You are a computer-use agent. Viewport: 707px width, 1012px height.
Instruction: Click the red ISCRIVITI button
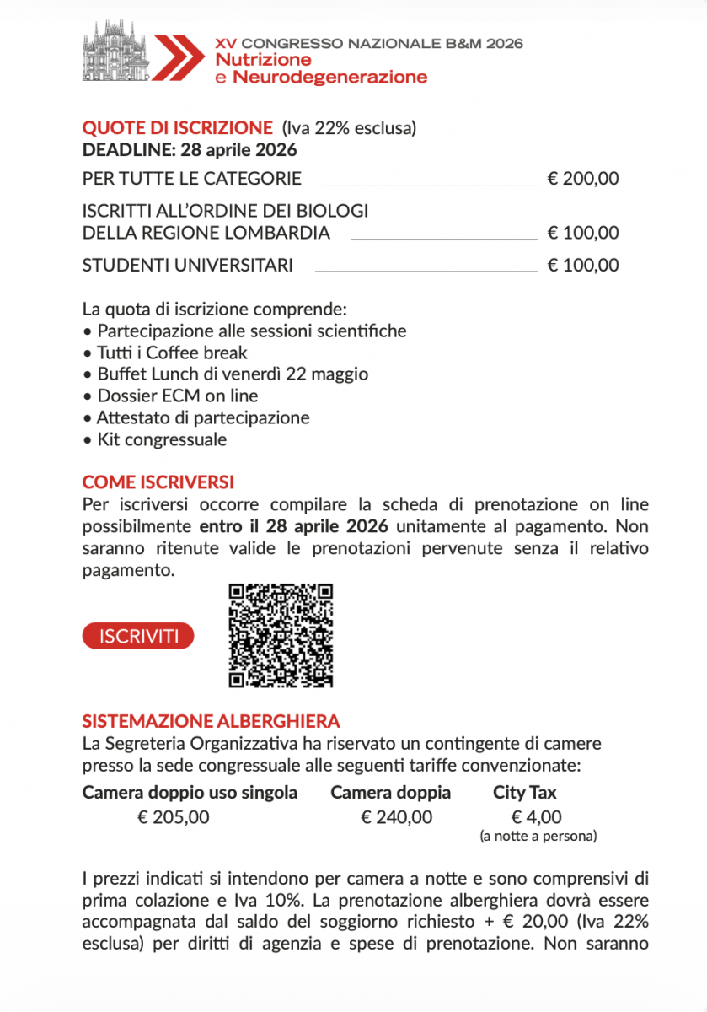point(138,636)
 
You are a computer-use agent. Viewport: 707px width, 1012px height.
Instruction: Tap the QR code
point(281,634)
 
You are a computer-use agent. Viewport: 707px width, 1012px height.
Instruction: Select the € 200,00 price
point(583,179)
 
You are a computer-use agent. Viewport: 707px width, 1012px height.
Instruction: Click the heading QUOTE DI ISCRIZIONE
point(178,128)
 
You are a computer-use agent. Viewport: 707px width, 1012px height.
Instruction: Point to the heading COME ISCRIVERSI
point(158,482)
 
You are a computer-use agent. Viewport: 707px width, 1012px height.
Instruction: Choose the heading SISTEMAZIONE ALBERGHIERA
point(212,721)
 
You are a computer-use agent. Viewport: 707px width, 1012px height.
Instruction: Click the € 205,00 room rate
point(174,816)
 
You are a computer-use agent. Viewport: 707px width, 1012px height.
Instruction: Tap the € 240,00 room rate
point(397,816)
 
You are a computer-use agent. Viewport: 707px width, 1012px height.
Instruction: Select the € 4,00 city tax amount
point(537,816)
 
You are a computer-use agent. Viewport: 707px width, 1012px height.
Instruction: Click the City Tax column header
point(525,793)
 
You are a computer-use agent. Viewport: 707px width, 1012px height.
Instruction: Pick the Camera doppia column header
point(390,793)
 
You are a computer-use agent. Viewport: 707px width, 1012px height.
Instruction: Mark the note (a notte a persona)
point(538,837)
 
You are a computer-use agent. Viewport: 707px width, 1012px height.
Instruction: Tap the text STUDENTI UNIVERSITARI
point(188,266)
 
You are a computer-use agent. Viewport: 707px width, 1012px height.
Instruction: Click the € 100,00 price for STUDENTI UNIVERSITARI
point(583,266)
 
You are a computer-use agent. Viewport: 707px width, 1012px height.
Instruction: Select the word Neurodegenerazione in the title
point(329,78)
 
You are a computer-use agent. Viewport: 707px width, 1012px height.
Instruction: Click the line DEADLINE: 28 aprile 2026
point(190,151)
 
